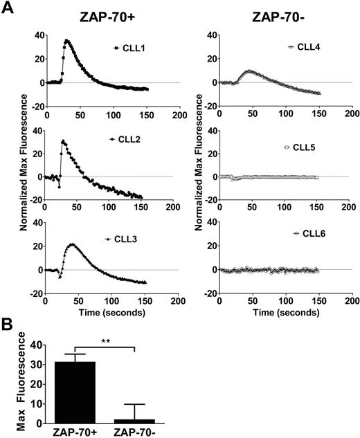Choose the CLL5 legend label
(x=302, y=147)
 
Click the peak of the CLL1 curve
(x=66, y=40)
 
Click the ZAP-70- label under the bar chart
(x=130, y=432)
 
